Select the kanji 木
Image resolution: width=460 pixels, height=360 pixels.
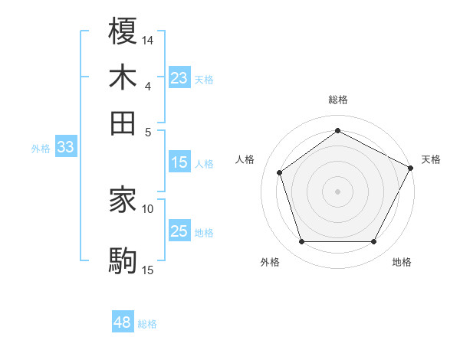click(x=123, y=77)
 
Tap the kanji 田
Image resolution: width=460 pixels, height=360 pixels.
click(x=123, y=123)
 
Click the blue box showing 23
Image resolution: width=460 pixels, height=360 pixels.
click(x=179, y=78)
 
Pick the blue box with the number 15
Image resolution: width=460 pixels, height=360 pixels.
click(x=179, y=162)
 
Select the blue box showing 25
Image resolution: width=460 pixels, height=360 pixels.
click(x=179, y=231)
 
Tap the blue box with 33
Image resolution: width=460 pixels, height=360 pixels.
click(x=65, y=148)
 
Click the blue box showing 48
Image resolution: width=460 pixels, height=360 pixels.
click(x=123, y=322)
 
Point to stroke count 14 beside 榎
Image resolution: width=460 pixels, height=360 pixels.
click(x=148, y=39)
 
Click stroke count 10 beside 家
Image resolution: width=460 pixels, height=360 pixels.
click(x=148, y=208)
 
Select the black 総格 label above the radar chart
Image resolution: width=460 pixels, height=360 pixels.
click(x=337, y=100)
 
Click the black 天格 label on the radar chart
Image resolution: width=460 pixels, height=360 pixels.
click(x=431, y=159)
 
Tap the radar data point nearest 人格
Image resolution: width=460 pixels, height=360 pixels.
click(x=280, y=172)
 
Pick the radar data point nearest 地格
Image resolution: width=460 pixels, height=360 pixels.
click(x=373, y=242)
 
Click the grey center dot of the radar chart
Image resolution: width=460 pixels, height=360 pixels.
click(x=337, y=191)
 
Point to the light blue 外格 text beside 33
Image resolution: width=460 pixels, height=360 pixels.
click(x=41, y=149)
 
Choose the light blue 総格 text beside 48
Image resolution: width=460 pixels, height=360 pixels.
click(x=147, y=324)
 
